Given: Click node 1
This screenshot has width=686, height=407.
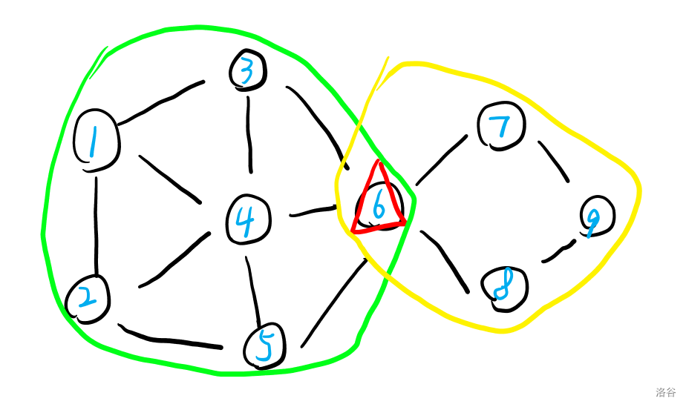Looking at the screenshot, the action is tap(97, 141).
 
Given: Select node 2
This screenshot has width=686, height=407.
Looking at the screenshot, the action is tap(88, 299).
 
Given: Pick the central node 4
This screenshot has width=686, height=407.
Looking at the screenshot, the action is tap(247, 219).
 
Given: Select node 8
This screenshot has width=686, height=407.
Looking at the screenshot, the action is tap(504, 288).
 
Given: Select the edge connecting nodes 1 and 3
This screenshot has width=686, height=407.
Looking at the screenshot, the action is tap(161, 102).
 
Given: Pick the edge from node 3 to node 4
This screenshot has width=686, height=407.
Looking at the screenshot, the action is tap(249, 133).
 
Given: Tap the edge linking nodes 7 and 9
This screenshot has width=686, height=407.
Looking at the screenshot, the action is tap(554, 161).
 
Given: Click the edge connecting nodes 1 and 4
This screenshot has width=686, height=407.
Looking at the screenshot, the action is tap(169, 178).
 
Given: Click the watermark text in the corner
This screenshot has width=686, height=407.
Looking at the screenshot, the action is tap(666, 392).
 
